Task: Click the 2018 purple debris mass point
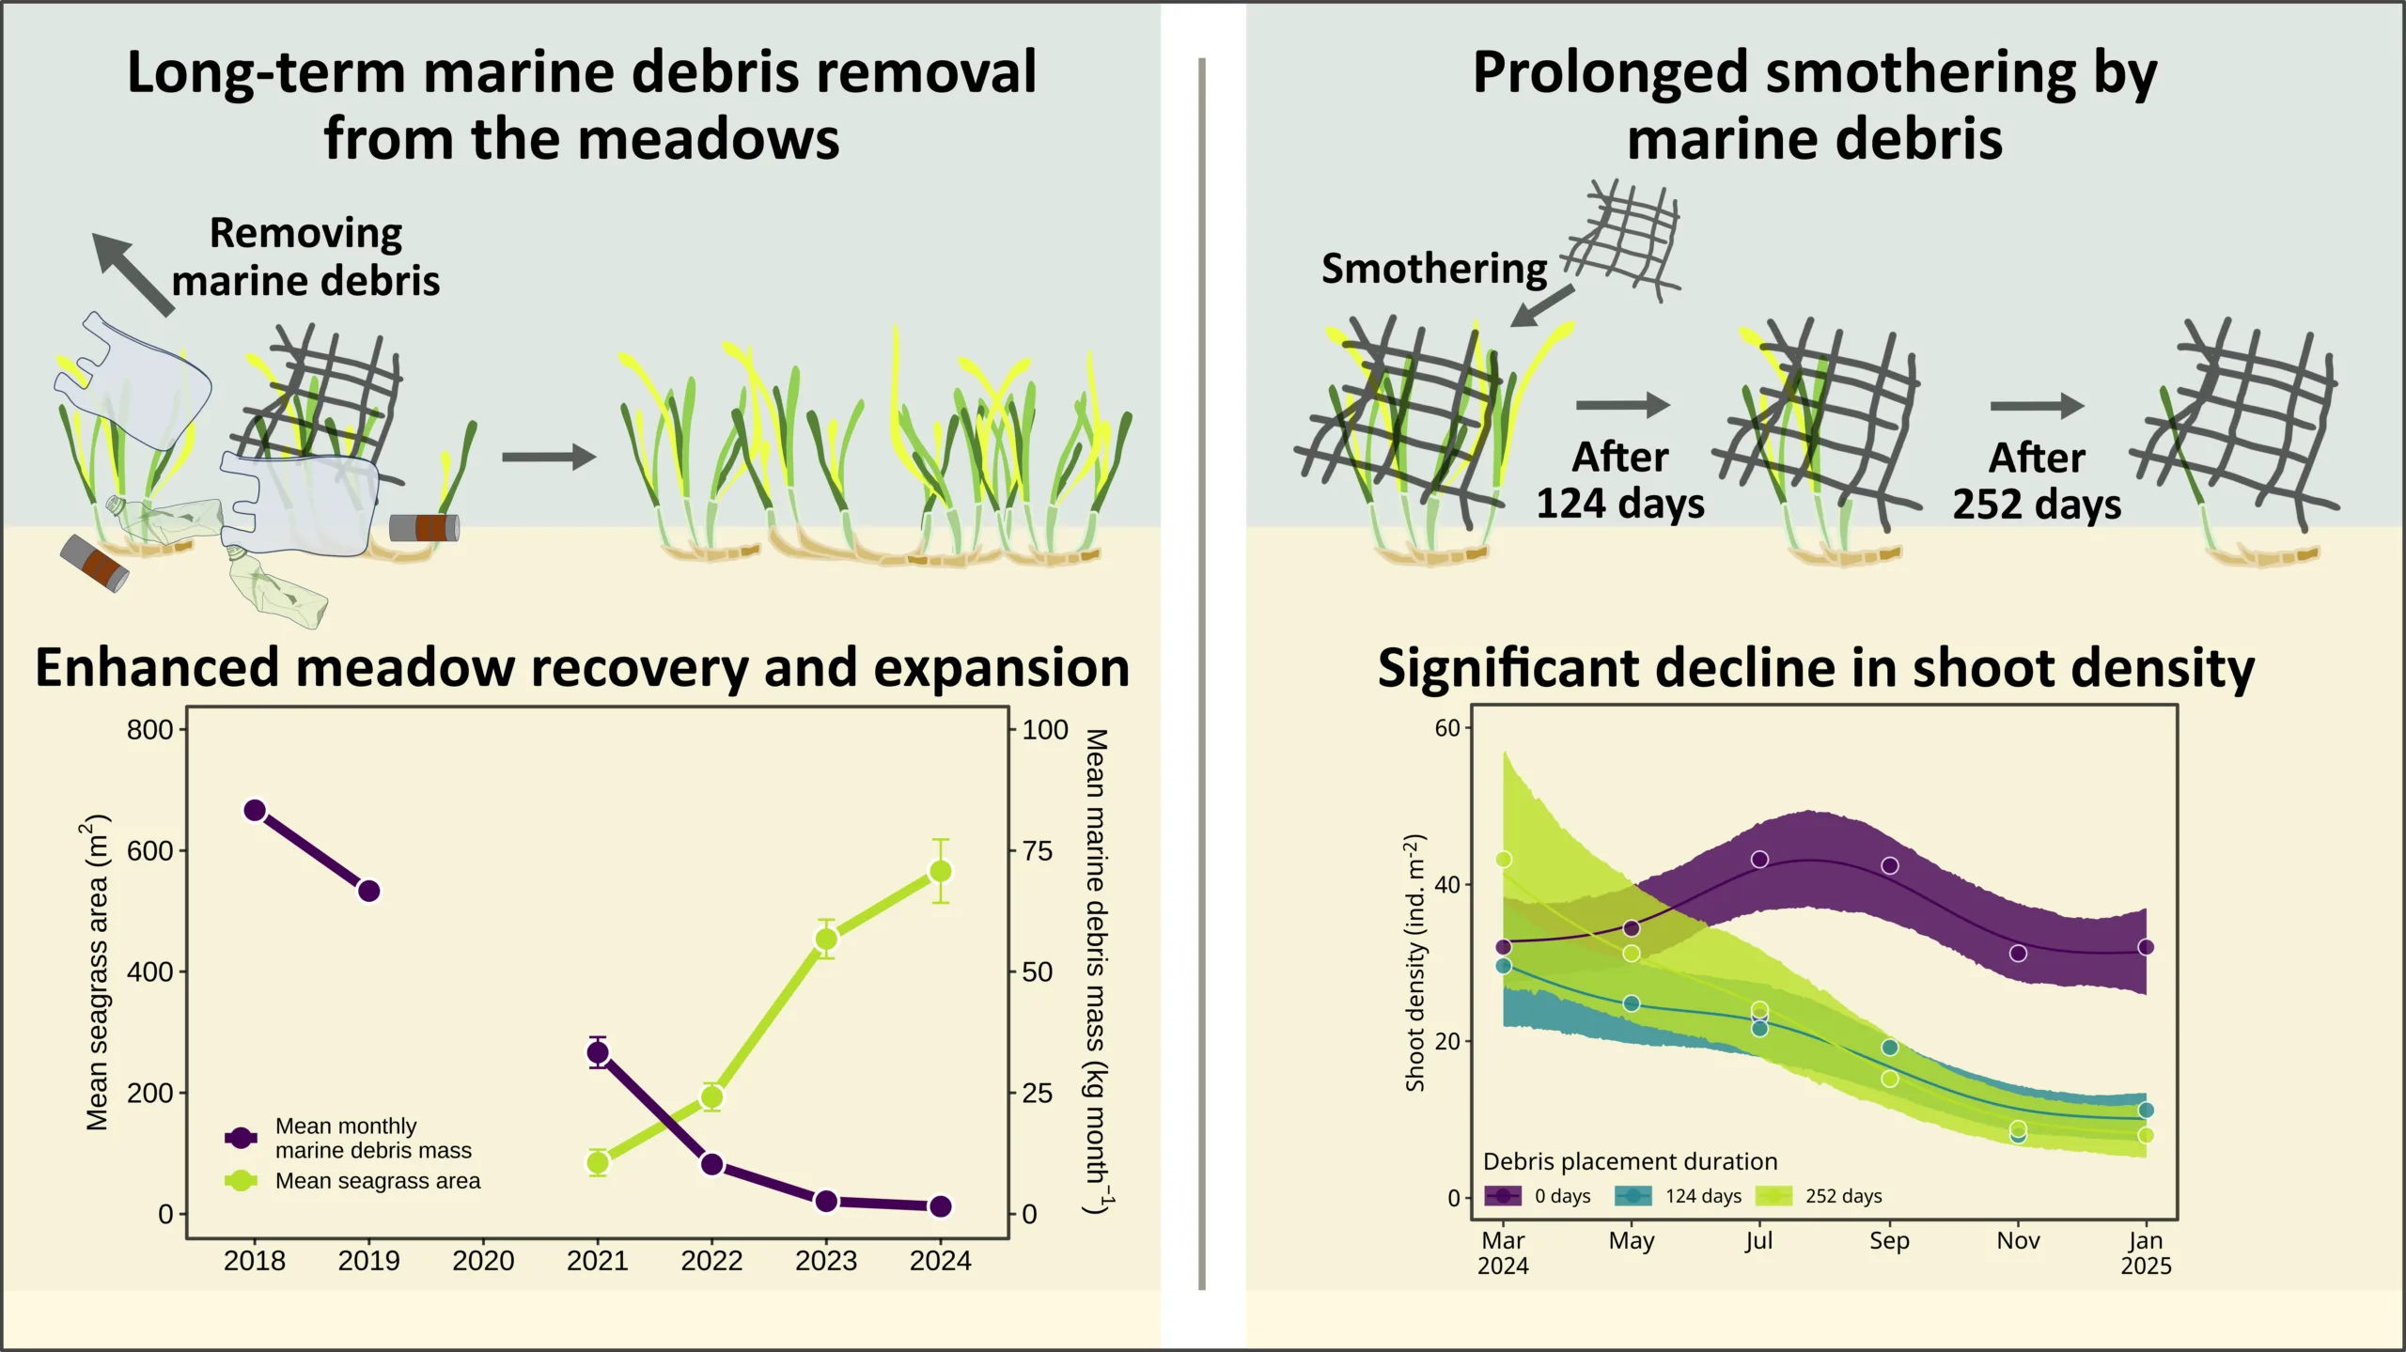coord(255,810)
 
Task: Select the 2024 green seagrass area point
coord(940,871)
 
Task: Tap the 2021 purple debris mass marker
coord(598,1052)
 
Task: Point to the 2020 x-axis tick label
coord(483,1260)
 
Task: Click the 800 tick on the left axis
coord(150,729)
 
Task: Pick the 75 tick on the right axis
coord(1038,850)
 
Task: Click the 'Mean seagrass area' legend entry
coord(377,1181)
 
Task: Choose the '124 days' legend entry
coord(1702,1196)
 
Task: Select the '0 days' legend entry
coord(1561,1196)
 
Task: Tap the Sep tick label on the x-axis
coord(1889,1240)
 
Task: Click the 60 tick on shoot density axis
coord(1447,728)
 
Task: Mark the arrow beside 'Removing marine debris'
coord(133,273)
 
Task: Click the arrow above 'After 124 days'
coord(1622,405)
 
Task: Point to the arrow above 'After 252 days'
coord(2037,406)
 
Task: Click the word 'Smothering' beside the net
coord(1433,269)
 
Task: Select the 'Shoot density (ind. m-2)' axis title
coord(1414,963)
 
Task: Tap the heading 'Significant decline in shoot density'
coord(1816,668)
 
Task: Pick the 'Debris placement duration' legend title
coord(1630,1161)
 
